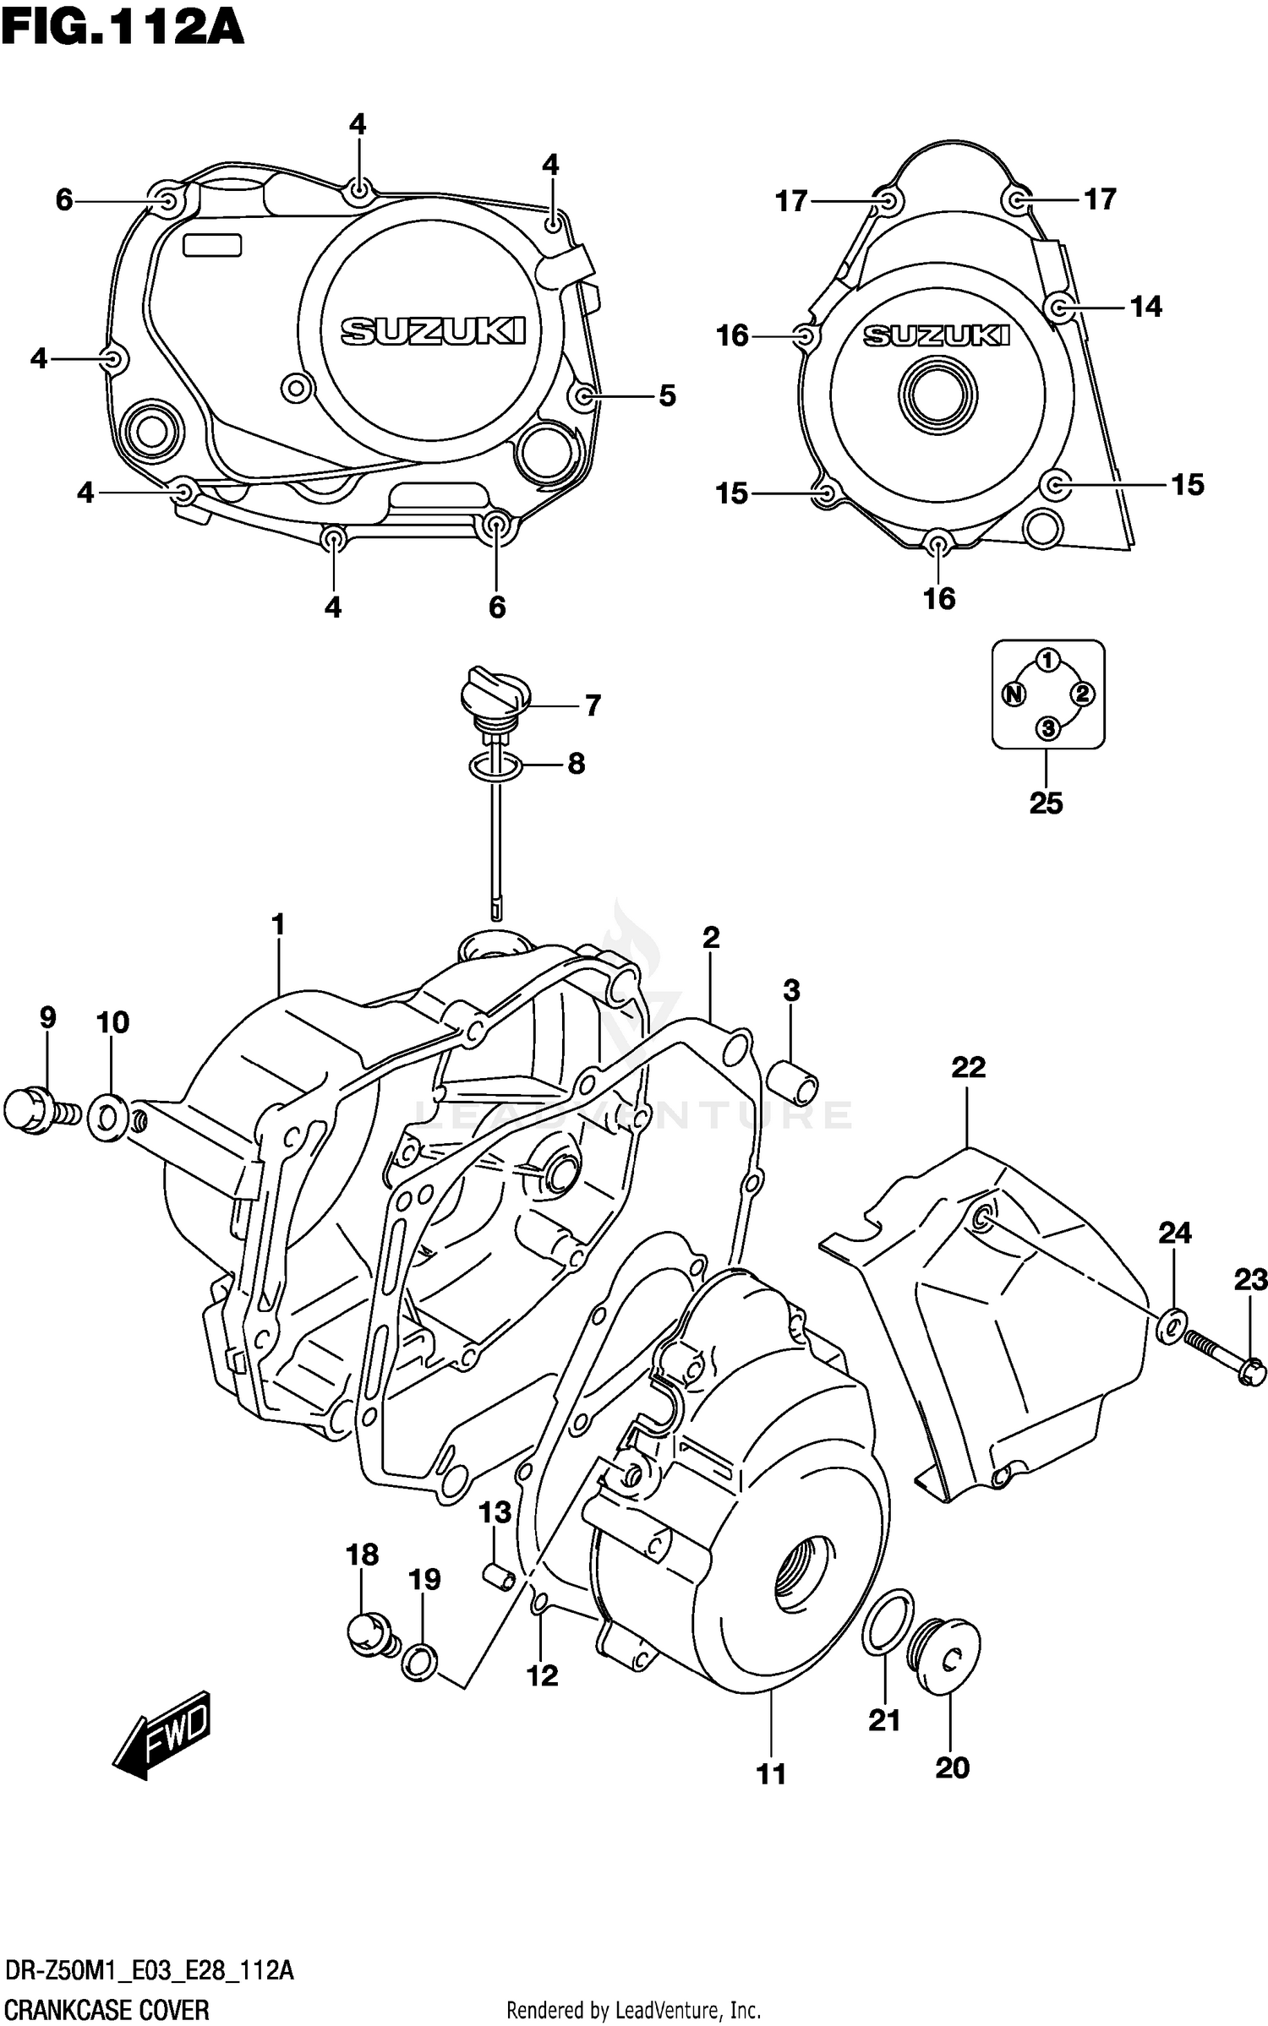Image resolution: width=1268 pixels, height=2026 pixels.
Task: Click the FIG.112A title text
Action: pyautogui.click(x=123, y=27)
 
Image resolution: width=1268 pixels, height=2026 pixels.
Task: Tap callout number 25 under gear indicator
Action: pyautogui.click(x=1046, y=803)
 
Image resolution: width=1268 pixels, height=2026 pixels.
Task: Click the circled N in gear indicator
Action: pyautogui.click(x=1014, y=694)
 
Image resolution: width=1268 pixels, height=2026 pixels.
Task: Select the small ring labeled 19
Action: pyautogui.click(x=420, y=1661)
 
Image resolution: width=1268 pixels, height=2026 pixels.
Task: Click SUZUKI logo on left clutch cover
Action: pyautogui.click(x=433, y=331)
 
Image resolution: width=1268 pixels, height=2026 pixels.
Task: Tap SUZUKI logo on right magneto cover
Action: pyautogui.click(x=937, y=336)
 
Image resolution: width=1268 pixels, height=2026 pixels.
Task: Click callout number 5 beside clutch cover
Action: pyautogui.click(x=668, y=395)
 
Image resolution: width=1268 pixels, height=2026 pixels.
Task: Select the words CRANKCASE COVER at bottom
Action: pyautogui.click(x=107, y=2008)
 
